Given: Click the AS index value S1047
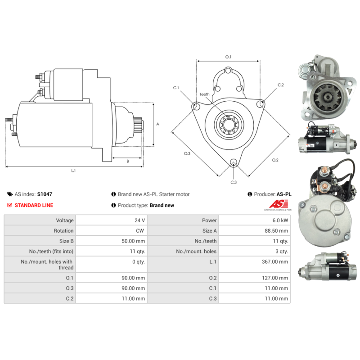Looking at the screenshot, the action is [x=45, y=194].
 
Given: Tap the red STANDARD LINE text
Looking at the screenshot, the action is [x=34, y=205].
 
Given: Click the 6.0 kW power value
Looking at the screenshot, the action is [x=280, y=220].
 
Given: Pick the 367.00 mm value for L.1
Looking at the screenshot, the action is [x=275, y=262].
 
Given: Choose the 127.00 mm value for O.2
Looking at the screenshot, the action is [x=275, y=278].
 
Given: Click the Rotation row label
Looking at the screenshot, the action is [x=63, y=231].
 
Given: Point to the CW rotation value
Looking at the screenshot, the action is [x=140, y=231].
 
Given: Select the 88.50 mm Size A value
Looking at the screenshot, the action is [x=276, y=231].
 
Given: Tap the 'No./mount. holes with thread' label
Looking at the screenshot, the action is [x=47, y=265].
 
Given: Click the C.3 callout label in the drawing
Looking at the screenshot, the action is [x=234, y=182].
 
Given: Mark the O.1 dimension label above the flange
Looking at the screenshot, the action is [x=228, y=57].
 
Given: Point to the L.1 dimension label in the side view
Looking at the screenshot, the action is [x=73, y=171].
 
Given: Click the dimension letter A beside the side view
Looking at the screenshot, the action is [x=158, y=124].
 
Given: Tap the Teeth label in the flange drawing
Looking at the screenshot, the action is [x=204, y=94].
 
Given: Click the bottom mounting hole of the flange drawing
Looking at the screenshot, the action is [x=234, y=162].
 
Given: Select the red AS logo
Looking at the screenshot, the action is [x=279, y=204].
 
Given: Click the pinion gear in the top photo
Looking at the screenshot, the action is [x=325, y=97].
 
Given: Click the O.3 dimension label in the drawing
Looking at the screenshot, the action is [x=187, y=153].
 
